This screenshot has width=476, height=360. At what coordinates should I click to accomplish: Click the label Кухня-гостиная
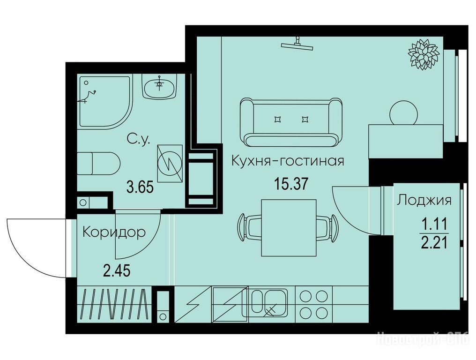(x=288, y=161)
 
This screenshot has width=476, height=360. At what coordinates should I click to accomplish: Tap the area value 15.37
(x=291, y=184)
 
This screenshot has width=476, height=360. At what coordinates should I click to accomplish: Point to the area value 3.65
(x=140, y=187)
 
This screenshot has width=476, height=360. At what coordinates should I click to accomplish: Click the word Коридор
(x=114, y=232)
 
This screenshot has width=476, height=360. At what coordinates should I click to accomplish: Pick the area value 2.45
(x=117, y=270)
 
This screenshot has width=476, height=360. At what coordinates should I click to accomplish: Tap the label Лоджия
(x=424, y=201)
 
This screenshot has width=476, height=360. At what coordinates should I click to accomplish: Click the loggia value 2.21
(x=434, y=242)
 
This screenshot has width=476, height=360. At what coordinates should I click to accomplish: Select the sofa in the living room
(x=291, y=123)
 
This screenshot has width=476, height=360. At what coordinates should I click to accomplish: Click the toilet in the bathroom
(x=98, y=164)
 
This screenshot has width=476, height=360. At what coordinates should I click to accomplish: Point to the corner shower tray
(x=105, y=102)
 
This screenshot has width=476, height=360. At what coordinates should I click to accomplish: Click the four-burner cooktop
(x=313, y=304)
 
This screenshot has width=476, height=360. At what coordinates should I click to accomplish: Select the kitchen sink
(x=265, y=303)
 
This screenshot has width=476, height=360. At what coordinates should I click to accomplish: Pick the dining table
(x=289, y=227)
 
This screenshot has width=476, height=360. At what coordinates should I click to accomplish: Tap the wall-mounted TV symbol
(x=297, y=44)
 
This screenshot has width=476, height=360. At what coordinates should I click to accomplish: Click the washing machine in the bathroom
(x=170, y=164)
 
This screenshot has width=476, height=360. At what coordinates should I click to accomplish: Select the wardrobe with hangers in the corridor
(x=114, y=304)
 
